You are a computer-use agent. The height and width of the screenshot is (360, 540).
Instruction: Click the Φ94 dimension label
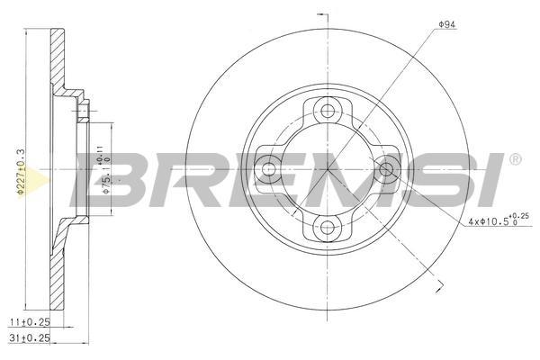point(446,24)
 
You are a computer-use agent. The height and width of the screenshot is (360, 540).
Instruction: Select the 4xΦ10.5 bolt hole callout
point(499,220)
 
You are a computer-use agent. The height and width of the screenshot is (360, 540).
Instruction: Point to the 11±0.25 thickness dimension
point(30,322)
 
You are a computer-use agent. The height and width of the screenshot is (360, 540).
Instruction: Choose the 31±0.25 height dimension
point(30,338)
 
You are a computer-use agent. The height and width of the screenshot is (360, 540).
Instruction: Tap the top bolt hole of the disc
point(328,111)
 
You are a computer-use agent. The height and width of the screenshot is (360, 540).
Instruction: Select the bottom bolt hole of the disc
point(327,228)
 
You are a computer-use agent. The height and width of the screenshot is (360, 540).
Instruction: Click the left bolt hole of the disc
point(268,169)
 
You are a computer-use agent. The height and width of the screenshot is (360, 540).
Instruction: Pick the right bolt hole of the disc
point(386,169)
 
